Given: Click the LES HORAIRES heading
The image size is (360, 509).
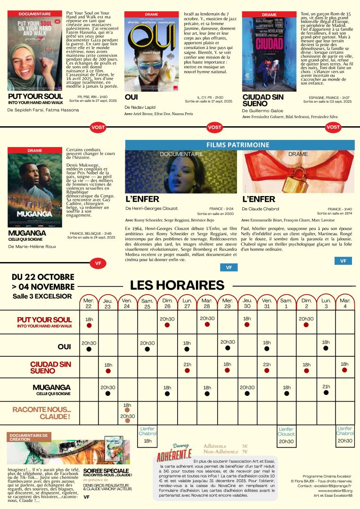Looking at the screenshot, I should [177, 285].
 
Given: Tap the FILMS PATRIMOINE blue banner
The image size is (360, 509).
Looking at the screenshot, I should [239, 145].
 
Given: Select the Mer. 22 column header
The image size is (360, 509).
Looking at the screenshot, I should [89, 303].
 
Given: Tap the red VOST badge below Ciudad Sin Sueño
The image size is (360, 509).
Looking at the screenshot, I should [333, 127].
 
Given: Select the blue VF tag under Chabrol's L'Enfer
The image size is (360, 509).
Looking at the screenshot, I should [343, 261].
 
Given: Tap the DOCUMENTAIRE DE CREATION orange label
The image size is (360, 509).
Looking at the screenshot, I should [29, 437].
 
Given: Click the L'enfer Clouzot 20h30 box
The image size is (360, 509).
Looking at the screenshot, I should [286, 435].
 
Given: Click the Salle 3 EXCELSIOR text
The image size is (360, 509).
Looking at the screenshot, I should [42, 296].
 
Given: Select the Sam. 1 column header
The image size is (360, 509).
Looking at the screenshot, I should [286, 303].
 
